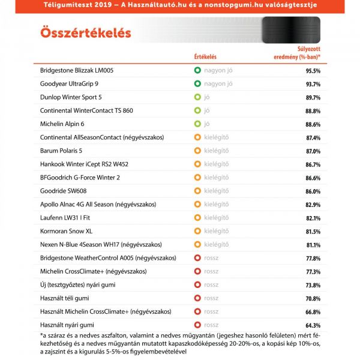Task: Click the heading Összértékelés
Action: pos(85,32)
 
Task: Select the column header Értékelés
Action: pos(205,57)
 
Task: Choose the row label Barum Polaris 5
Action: pos(61,151)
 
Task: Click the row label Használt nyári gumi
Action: pos(67,325)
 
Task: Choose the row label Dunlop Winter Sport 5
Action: pos(71,97)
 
